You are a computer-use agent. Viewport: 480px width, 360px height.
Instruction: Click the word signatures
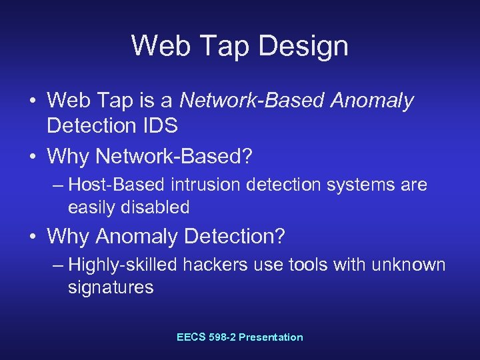point(111,288)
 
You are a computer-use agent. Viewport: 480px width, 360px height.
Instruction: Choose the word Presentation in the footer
point(271,337)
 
